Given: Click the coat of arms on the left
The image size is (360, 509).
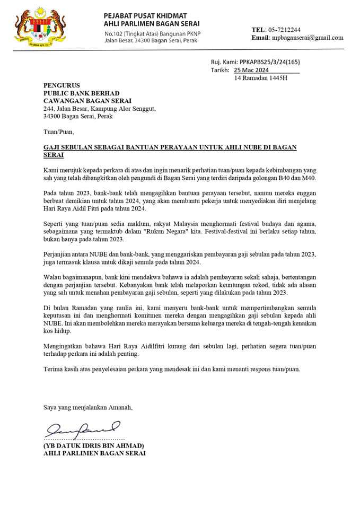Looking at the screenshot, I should click(33, 25).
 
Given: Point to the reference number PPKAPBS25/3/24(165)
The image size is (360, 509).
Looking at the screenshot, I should click(270, 62).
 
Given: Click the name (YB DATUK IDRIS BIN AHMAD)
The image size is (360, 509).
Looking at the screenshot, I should click(94, 446).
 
